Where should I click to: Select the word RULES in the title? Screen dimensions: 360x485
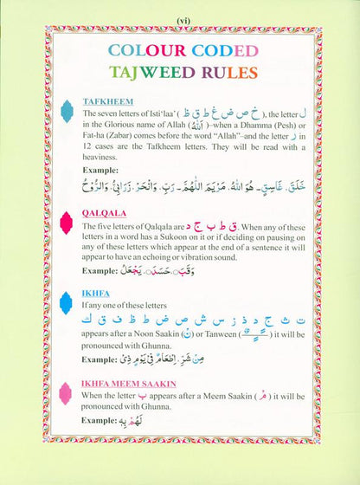[x=225, y=70]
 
